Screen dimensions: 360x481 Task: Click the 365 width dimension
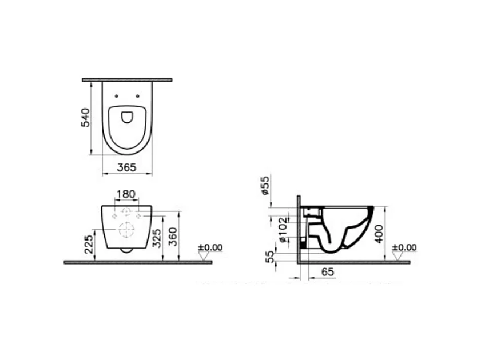(126, 167)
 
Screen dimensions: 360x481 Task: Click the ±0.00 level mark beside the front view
(210, 248)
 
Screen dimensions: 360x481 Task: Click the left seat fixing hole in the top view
(117, 95)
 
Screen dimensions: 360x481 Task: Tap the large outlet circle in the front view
(126, 230)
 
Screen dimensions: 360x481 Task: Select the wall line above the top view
(126, 80)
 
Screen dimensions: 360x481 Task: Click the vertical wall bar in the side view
(299, 229)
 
